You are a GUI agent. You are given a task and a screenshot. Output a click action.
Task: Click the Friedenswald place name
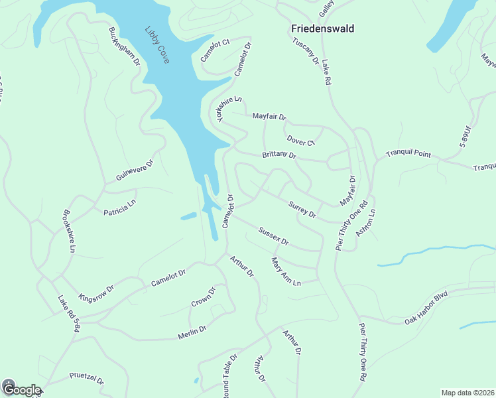pos(322,29)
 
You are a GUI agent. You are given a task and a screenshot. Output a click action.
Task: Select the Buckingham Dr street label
pos(125,46)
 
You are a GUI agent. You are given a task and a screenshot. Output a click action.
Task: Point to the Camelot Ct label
pos(215,50)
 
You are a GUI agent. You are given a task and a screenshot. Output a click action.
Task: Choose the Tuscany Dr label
pos(306,51)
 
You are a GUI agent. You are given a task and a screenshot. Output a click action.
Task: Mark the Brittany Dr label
pos(279,155)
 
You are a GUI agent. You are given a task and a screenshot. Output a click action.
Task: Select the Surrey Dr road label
pos(302,210)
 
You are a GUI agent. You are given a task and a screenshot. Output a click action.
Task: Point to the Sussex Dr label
pos(273,235)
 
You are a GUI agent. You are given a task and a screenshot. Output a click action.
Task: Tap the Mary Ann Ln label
pos(286,272)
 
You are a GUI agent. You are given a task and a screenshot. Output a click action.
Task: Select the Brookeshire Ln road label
pos(69,232)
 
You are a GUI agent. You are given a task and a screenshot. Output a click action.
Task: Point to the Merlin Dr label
pos(192,332)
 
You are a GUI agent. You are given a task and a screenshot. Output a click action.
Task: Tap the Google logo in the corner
pos(21,390)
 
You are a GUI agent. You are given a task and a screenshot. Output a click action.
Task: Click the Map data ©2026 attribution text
pos(467,393)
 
